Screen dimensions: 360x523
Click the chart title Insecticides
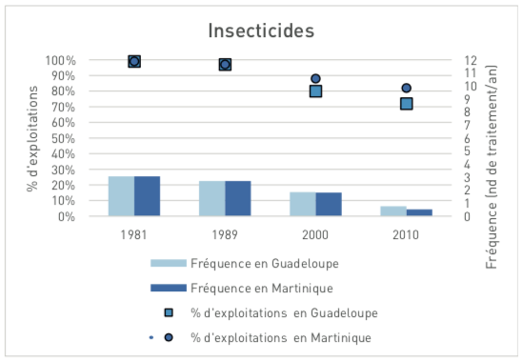[x=260, y=30]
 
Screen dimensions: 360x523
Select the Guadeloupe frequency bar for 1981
[x=121, y=196]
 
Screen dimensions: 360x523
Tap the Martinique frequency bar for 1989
[x=237, y=198]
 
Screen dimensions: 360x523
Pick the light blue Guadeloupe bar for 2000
[x=302, y=204]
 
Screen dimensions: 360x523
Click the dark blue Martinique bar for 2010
[x=419, y=212]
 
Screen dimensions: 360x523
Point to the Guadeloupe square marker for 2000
[x=315, y=91]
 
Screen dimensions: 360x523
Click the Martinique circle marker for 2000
[x=315, y=79]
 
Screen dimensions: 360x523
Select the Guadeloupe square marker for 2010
[x=406, y=104]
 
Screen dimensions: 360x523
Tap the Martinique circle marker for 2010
[x=406, y=89]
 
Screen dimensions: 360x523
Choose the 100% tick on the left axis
[x=60, y=61]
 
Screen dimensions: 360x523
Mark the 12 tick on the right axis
[x=469, y=61]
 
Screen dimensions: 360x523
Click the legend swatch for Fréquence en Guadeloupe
[x=172, y=263]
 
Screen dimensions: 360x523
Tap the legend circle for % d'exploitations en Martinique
[x=168, y=337]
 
